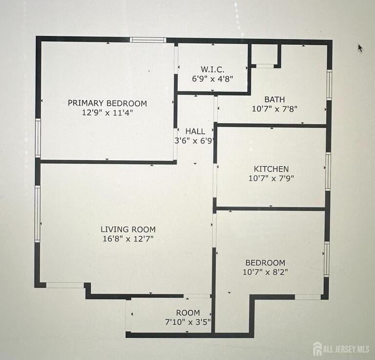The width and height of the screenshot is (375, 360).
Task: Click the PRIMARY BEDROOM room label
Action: (107, 104)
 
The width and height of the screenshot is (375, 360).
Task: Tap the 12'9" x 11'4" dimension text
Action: (107, 112)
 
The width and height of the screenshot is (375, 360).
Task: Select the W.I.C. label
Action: (212, 69)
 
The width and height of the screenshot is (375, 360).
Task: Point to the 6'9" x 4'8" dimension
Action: (212, 79)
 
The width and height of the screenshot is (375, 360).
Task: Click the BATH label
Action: (274, 99)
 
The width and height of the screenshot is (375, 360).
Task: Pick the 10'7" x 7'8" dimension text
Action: (274, 109)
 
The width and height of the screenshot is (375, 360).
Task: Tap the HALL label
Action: (195, 131)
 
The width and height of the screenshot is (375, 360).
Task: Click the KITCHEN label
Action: (271, 169)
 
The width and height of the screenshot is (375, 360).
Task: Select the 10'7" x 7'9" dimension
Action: (271, 178)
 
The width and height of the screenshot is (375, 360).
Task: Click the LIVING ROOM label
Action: (128, 230)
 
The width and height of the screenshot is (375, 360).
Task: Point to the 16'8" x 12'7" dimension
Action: (128, 239)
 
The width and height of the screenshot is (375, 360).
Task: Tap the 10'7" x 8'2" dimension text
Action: (266, 272)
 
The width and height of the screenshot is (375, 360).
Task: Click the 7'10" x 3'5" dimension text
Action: (188, 322)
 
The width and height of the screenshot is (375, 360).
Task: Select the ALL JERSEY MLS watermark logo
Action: (341, 349)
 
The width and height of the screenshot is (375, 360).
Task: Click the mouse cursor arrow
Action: (360, 48)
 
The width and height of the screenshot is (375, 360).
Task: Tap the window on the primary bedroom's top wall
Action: (148, 40)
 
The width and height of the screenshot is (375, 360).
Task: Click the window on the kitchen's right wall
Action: (328, 171)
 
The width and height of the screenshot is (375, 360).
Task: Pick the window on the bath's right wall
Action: (330, 85)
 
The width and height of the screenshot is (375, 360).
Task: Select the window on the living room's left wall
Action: (38, 214)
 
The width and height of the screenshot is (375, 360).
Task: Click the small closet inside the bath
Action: (265, 55)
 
